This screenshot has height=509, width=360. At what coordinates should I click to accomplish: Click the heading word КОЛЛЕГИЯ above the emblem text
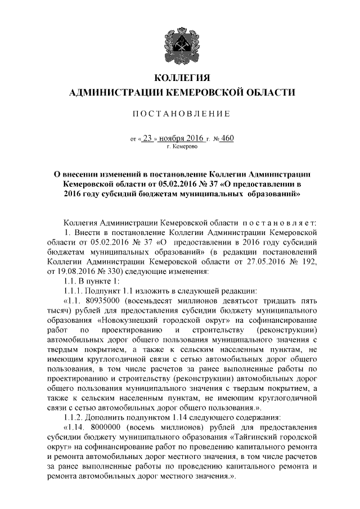180,78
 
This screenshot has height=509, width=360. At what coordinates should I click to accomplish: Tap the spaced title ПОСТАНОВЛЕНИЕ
180,114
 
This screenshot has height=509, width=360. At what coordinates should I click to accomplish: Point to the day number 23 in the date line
148,137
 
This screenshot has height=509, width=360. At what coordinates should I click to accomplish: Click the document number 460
227,137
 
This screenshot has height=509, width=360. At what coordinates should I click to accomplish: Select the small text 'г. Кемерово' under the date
182,146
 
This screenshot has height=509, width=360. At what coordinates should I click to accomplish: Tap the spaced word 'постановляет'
281,222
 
